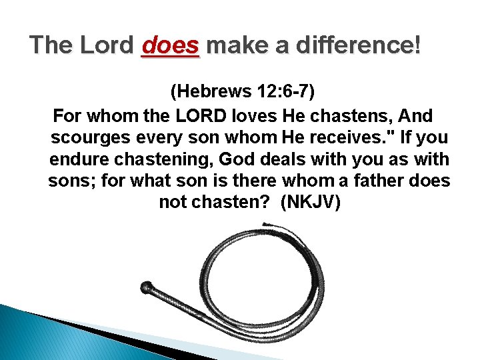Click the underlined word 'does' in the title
coord(171,46)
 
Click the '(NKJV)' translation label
coord(311,203)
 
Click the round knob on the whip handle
coord(146,288)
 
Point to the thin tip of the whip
coord(265,225)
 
